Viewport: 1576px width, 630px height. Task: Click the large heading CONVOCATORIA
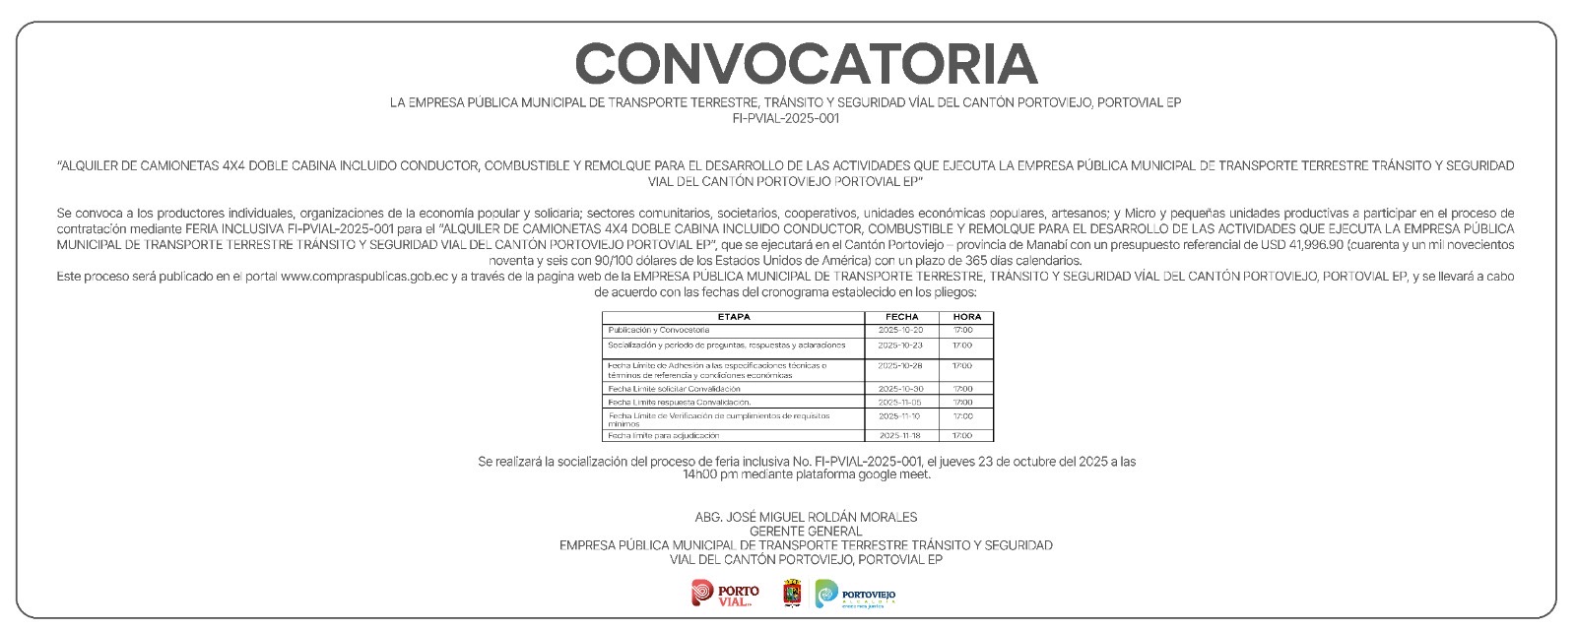[806, 64]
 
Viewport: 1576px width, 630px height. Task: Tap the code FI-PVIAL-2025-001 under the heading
[786, 118]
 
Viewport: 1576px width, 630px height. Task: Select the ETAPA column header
[734, 317]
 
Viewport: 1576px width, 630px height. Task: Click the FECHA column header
[901, 317]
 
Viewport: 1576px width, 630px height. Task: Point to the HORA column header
[967, 317]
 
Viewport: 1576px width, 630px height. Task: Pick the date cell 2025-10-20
[900, 330]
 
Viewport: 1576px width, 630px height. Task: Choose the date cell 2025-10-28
[900, 366]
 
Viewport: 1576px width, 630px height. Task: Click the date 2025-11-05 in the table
[899, 403]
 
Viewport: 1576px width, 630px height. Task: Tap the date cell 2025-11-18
[899, 435]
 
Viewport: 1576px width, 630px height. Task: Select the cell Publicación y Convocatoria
[658, 330]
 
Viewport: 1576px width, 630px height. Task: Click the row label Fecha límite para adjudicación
[663, 435]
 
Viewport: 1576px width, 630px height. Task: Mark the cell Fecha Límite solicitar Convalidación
[674, 389]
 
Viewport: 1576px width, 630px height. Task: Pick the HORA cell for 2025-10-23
[962, 346]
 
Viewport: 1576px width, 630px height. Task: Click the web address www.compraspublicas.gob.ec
[364, 277]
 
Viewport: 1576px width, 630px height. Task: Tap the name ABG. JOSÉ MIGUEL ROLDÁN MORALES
[806, 517]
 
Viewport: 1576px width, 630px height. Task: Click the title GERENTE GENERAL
[806, 532]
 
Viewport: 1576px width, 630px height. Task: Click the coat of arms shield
[792, 594]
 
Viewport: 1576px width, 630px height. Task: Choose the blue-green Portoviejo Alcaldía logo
[855, 595]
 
